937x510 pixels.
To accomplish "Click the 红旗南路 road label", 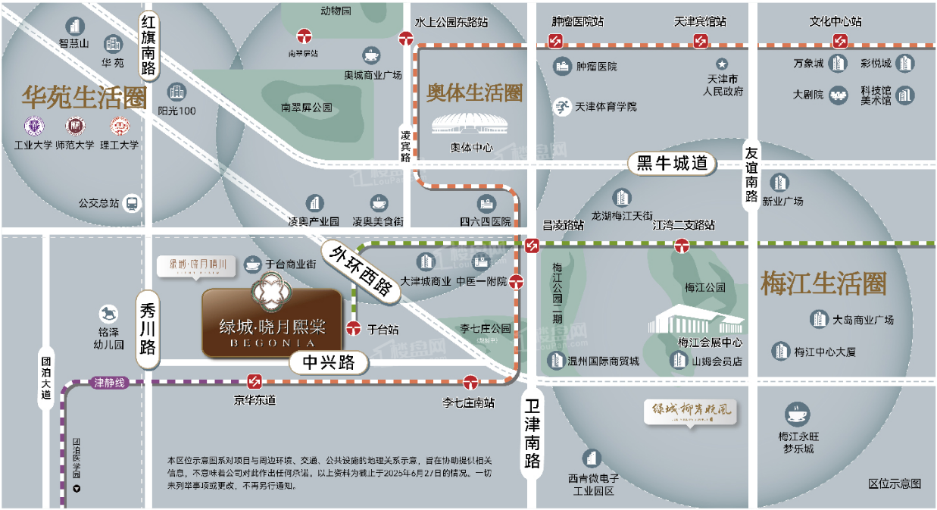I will coord(148,46).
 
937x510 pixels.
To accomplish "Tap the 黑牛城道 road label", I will coord(672,163).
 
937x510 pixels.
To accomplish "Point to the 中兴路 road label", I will coord(329,363).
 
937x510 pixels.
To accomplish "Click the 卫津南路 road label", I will coord(533,432).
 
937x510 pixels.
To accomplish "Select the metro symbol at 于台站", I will coord(353,329).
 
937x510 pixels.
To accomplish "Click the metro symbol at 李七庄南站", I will coord(471,381).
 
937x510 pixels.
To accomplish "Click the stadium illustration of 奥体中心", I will coord(461,126).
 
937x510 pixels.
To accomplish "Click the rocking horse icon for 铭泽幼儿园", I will coord(110,313).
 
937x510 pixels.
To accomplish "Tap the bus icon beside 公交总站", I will coord(133,203).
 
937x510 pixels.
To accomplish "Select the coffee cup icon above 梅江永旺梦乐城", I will coord(798,415).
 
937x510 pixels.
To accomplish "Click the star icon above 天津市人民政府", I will coord(722,64).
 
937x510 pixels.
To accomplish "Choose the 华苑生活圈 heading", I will coord(83,98).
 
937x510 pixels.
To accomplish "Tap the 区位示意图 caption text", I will coord(894,483).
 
